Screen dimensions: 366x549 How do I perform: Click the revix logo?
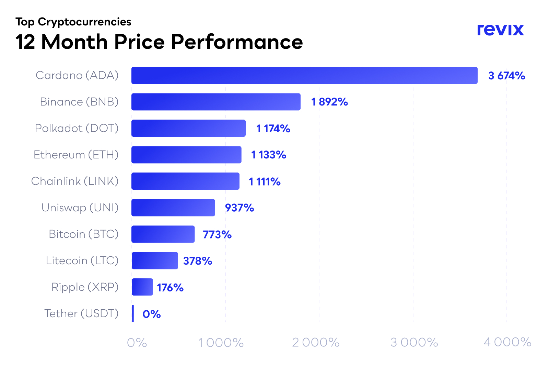click(x=500, y=30)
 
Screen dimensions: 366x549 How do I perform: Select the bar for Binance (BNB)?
click(x=216, y=102)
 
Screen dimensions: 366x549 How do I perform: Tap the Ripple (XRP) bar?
click(x=142, y=287)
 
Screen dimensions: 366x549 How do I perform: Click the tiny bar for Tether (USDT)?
click(x=133, y=313)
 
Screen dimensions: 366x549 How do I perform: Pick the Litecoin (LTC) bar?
click(x=155, y=260)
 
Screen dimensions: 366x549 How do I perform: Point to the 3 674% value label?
click(x=506, y=76)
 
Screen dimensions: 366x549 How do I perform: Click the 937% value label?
click(x=239, y=208)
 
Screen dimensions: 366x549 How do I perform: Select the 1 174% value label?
click(x=273, y=129)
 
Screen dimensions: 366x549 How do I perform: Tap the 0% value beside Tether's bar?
click(x=151, y=314)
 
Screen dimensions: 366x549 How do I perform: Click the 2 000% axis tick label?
click(x=316, y=342)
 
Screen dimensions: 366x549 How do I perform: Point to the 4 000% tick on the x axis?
click(x=507, y=342)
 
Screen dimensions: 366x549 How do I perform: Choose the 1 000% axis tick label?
click(x=221, y=343)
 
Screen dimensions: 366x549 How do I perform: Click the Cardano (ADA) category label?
click(x=77, y=75)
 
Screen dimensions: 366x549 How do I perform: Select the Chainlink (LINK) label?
click(x=74, y=181)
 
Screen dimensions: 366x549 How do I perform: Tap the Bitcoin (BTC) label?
click(x=83, y=234)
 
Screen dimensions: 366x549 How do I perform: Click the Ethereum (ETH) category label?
click(x=76, y=155)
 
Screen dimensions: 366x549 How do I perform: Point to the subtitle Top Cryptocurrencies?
click(x=73, y=22)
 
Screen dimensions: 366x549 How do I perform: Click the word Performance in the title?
click(x=237, y=42)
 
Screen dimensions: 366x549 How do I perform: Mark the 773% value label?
click(x=217, y=234)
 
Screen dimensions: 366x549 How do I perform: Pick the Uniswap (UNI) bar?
click(x=173, y=208)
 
